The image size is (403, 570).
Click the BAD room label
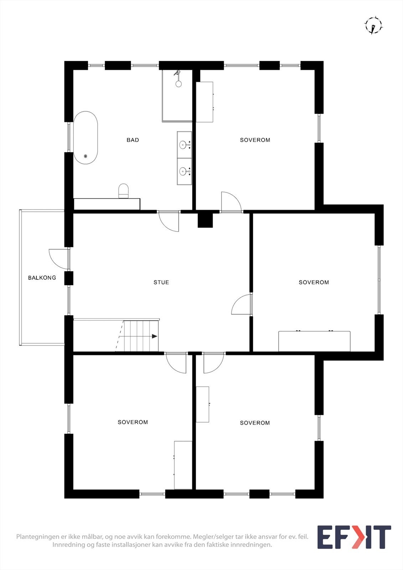coord(133,140)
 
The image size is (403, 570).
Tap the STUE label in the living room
coord(161,282)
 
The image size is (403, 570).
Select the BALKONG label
coord(42,278)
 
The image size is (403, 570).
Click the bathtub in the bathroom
coord(86,138)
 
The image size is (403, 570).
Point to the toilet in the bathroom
coord(123,191)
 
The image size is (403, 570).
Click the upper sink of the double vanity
coord(183,144)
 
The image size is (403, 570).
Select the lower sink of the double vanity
coord(183,171)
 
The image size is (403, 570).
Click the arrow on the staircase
coord(154,336)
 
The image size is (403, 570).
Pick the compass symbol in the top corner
coord(373,26)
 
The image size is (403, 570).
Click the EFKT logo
coord(354,537)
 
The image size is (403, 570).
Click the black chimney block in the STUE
coord(205,220)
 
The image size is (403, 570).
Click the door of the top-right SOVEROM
coord(231,202)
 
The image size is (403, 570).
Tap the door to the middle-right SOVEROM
coord(242,305)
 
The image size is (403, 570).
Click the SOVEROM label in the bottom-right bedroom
coord(255,423)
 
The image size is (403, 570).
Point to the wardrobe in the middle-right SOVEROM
coord(314,341)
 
